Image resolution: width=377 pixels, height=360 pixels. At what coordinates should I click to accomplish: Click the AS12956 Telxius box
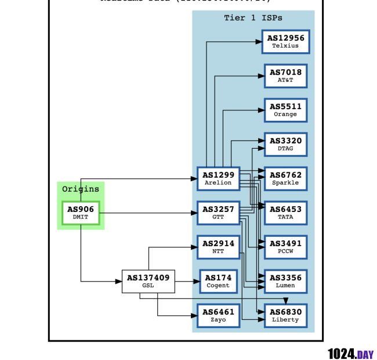(x=285, y=42)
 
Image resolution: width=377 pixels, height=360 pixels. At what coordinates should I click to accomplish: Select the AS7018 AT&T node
(x=285, y=76)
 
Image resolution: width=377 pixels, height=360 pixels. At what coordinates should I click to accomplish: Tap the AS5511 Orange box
(x=285, y=110)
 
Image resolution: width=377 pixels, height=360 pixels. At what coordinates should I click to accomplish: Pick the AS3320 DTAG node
(x=285, y=145)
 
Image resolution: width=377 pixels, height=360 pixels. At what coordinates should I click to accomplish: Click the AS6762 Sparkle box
(x=285, y=179)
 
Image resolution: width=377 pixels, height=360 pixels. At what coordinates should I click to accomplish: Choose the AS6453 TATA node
(x=285, y=213)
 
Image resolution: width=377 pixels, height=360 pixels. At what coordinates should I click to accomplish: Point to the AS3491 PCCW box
(x=285, y=247)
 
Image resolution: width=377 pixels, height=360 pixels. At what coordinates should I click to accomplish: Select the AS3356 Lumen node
(x=285, y=282)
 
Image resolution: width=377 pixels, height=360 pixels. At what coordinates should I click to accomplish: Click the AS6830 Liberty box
(x=285, y=316)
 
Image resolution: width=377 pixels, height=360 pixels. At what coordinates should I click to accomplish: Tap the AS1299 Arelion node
(x=218, y=179)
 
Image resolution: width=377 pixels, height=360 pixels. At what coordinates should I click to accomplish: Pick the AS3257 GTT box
(x=218, y=213)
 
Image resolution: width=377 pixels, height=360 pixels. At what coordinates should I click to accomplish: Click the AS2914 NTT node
(x=218, y=247)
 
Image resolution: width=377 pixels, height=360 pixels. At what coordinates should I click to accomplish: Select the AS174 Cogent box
(x=218, y=282)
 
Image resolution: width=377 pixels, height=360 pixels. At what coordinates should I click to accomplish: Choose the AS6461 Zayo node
(x=218, y=316)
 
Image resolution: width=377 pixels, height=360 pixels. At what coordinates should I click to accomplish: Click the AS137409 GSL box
(x=148, y=282)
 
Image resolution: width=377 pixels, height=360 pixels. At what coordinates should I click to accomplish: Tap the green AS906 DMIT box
(x=81, y=213)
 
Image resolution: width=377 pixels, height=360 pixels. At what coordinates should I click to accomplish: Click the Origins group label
(x=81, y=189)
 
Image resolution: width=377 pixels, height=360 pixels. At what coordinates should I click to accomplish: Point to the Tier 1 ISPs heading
(x=253, y=18)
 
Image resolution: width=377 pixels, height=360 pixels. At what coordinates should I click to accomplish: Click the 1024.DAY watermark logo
(x=350, y=354)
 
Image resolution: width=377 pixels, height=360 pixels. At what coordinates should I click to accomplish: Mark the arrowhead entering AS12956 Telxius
(x=259, y=42)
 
